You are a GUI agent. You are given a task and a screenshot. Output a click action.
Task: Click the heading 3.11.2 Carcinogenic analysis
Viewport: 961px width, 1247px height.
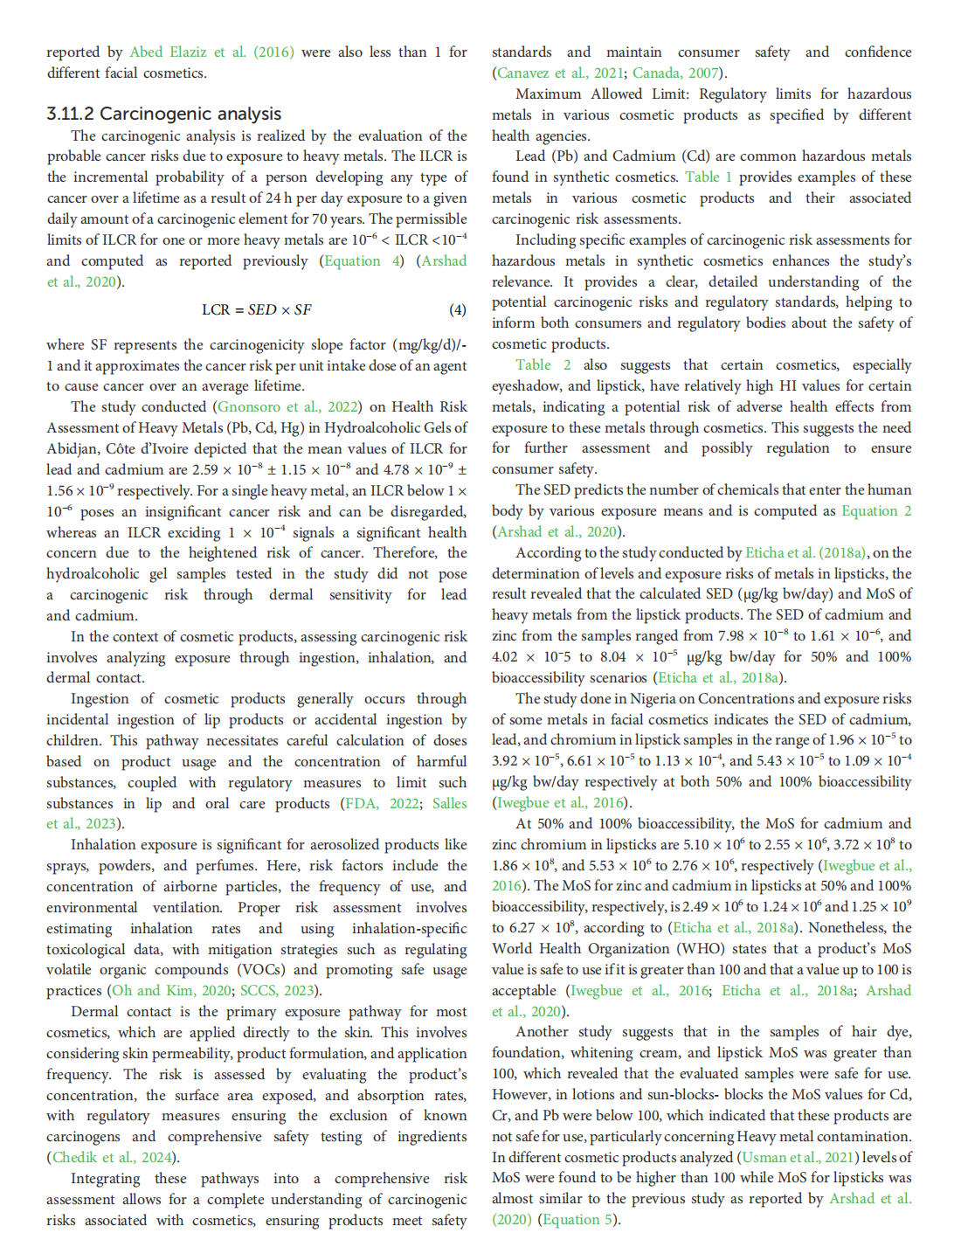pos(164,114)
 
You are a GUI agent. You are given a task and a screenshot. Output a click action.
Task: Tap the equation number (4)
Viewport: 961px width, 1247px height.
pos(457,309)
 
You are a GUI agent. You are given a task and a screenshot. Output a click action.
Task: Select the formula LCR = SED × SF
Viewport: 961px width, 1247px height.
pos(256,309)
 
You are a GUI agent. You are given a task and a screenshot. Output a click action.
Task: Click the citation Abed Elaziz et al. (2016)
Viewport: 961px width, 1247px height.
pos(211,52)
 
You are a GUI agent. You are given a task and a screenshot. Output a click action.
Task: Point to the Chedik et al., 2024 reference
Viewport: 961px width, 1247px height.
pos(114,1158)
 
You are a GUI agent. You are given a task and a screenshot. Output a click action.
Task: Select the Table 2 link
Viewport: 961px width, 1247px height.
pos(543,365)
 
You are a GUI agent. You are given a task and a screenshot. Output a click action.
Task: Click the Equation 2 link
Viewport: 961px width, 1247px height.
pos(876,511)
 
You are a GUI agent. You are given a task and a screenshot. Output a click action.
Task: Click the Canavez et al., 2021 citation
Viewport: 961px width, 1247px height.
pos(559,73)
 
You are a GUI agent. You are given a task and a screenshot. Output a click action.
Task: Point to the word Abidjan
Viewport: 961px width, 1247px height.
pos(75,449)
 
